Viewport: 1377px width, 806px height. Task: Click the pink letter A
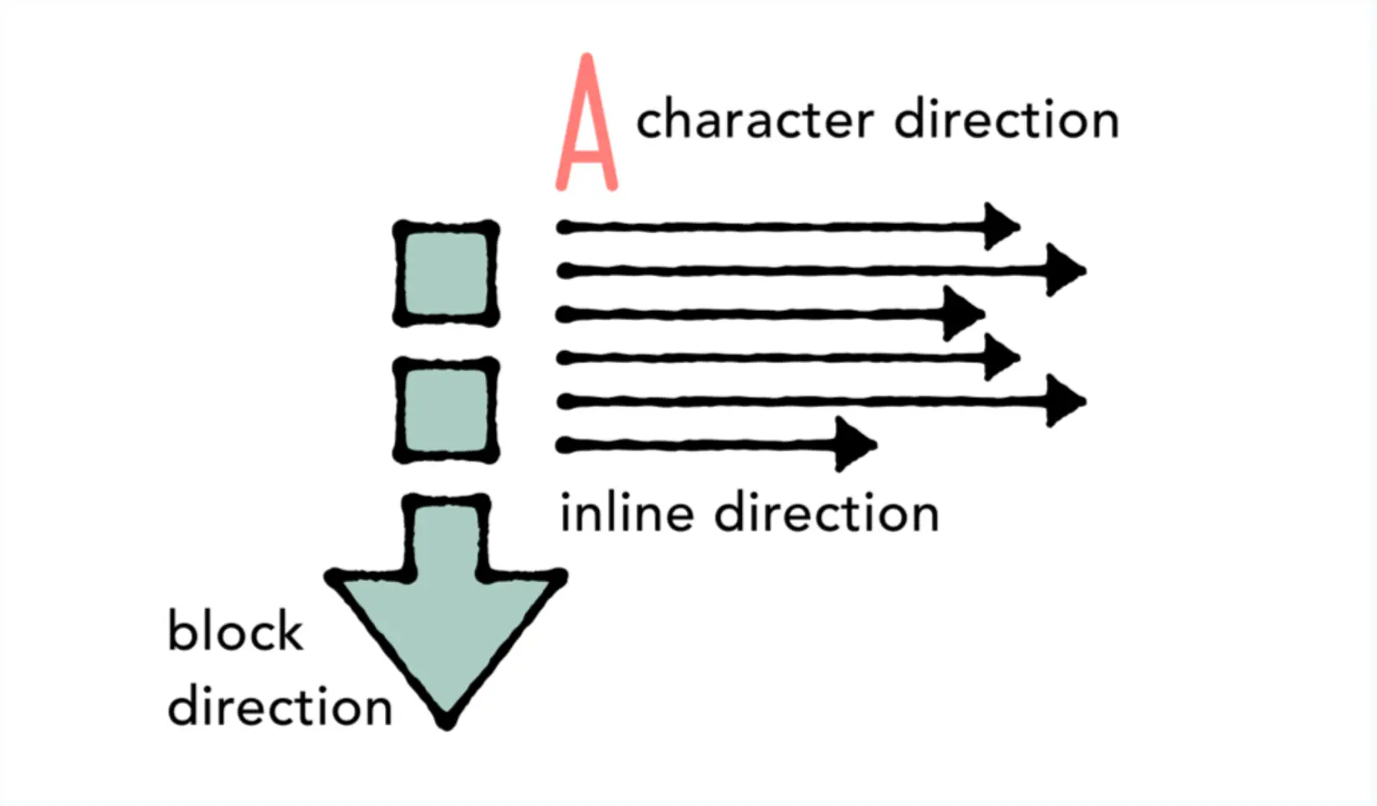coord(586,123)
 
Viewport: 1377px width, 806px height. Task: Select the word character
coord(755,120)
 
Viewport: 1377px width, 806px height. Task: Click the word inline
coord(627,513)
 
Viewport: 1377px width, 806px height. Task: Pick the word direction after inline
coord(827,513)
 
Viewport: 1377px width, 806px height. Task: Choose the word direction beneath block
coord(279,706)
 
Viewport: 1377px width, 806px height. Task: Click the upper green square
coord(446,273)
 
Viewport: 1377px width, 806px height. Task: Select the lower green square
coord(446,410)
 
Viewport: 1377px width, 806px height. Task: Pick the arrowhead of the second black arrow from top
coord(1066,270)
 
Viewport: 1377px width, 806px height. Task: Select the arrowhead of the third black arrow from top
coord(963,314)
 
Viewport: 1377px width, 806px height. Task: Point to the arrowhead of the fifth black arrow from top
coord(1066,401)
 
